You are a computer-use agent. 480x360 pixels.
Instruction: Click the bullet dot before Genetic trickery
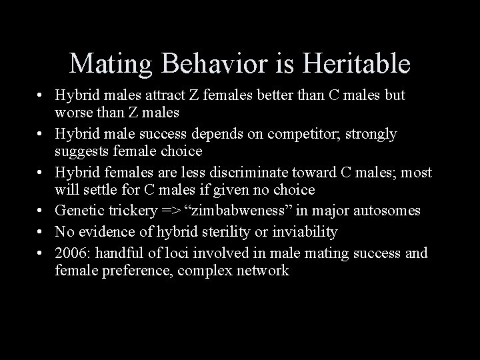tap(41, 211)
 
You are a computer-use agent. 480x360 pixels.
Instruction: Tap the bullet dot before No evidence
tap(41, 233)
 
